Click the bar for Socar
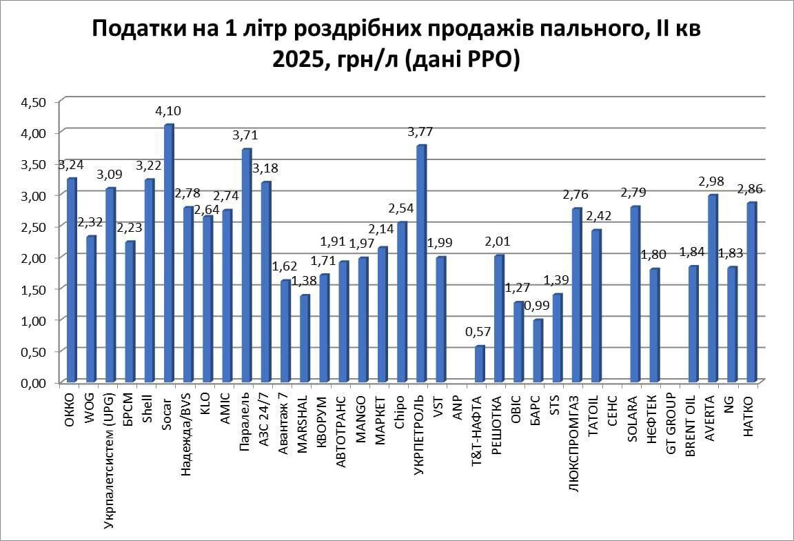[x=168, y=253]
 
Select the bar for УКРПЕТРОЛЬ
[x=421, y=264]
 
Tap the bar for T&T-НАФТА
[x=480, y=364]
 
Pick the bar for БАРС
[x=538, y=351]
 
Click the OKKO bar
[x=71, y=280]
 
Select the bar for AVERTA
[x=713, y=288]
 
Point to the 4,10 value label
[x=166, y=110]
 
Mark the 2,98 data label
[x=713, y=181]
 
